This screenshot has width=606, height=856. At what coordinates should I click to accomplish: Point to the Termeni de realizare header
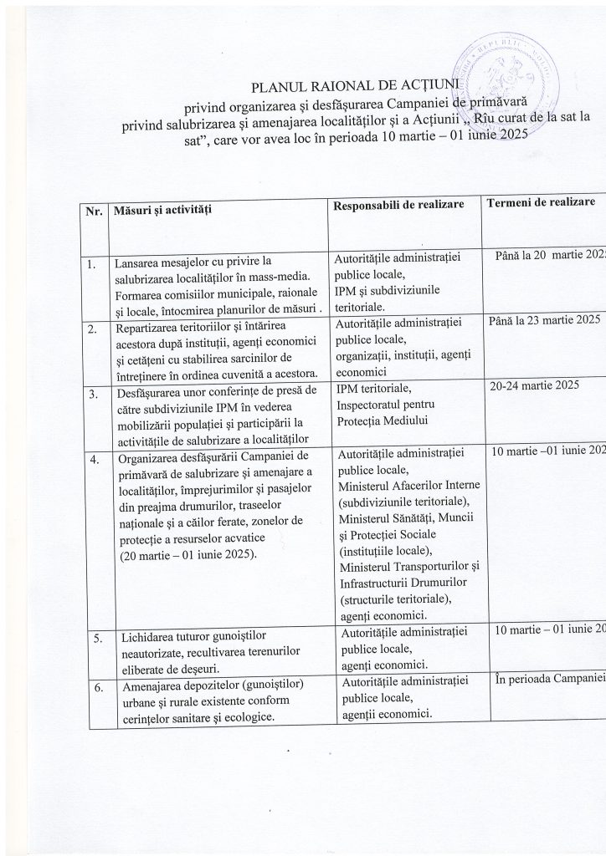pyautogui.click(x=543, y=204)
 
